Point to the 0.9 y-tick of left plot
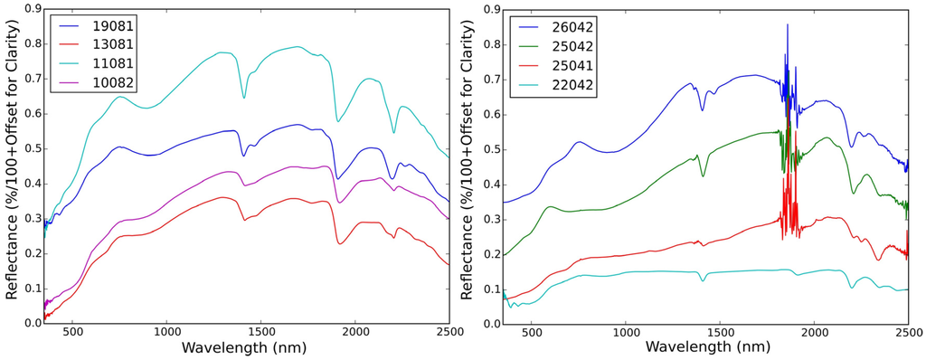point(29,9)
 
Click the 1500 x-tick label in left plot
point(260,333)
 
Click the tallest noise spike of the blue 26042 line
point(788,25)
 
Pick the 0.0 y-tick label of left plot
point(29,323)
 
